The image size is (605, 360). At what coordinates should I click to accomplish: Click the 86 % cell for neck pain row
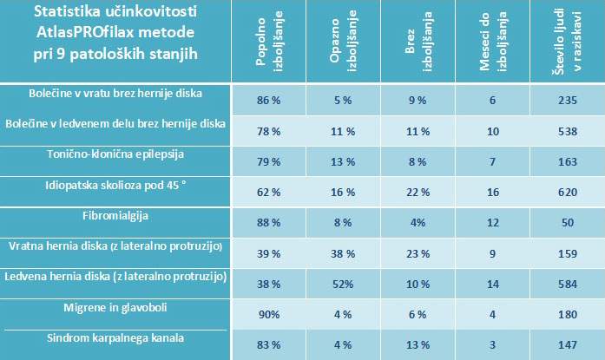pyautogui.click(x=268, y=101)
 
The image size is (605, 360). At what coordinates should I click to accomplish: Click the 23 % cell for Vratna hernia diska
pyautogui.click(x=416, y=252)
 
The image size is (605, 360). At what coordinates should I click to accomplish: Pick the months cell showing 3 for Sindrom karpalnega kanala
pyautogui.click(x=491, y=344)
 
